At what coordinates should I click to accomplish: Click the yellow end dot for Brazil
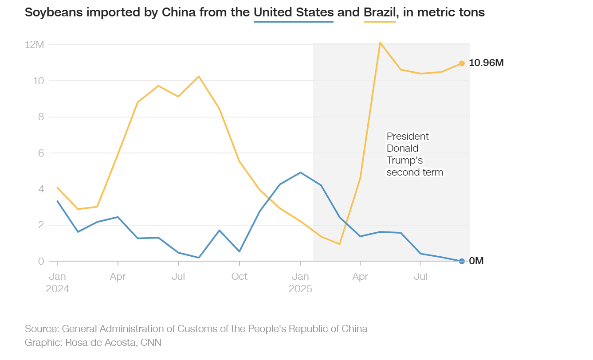462,63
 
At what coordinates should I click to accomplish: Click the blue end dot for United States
462,261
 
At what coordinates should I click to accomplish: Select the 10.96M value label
486,63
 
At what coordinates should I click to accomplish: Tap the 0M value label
476,261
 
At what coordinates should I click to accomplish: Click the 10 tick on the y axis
38,81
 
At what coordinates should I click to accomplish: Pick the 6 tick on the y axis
40,153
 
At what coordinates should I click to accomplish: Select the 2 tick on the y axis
40,225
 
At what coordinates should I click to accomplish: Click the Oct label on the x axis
240,277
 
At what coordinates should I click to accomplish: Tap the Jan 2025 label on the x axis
300,282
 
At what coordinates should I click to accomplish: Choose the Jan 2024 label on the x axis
57,282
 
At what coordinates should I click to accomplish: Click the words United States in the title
293,12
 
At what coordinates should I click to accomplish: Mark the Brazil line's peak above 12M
380,43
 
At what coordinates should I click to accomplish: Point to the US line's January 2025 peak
301,172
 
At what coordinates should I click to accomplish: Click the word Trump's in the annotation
404,160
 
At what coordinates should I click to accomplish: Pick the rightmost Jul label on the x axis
420,277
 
